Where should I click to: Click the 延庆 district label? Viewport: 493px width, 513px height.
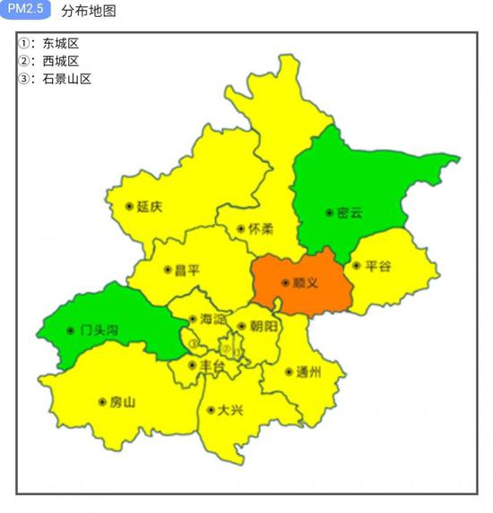(x=150, y=207)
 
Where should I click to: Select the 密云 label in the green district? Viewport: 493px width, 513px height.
(x=349, y=213)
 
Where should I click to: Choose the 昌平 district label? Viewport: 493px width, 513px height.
(x=187, y=269)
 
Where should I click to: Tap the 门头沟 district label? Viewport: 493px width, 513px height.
(x=99, y=329)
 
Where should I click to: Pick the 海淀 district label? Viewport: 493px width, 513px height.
(x=212, y=319)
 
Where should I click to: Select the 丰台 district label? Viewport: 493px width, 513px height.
(x=212, y=365)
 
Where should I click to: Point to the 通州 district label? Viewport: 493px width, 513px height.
(x=307, y=372)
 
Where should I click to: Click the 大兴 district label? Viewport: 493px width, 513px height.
(x=229, y=410)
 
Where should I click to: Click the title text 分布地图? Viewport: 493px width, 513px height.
(x=89, y=12)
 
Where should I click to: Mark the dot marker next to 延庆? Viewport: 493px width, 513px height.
(x=130, y=207)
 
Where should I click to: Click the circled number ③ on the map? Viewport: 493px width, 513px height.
(x=193, y=343)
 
